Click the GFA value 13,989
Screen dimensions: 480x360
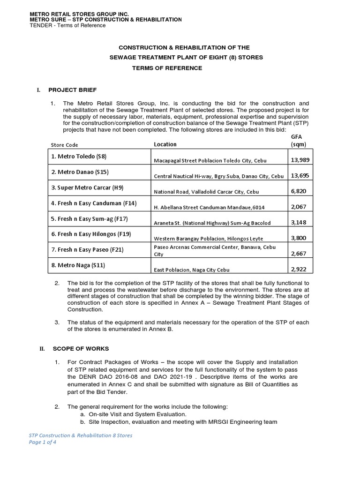(300, 160)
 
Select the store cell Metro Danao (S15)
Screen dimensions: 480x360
(80, 172)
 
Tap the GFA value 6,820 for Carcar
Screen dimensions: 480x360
(299, 191)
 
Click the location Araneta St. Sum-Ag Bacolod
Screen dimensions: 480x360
(212, 223)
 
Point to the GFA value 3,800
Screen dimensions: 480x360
(299, 238)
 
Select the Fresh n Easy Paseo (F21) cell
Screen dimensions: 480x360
(87, 250)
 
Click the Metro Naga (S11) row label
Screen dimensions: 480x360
(78, 265)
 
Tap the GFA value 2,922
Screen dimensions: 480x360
(299, 270)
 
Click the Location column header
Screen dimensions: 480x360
(165, 144)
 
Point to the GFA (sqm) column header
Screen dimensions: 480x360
(298, 140)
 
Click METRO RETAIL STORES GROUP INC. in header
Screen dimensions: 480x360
(79, 14)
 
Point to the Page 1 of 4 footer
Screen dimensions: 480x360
(43, 442)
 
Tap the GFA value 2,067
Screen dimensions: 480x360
(299, 207)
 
